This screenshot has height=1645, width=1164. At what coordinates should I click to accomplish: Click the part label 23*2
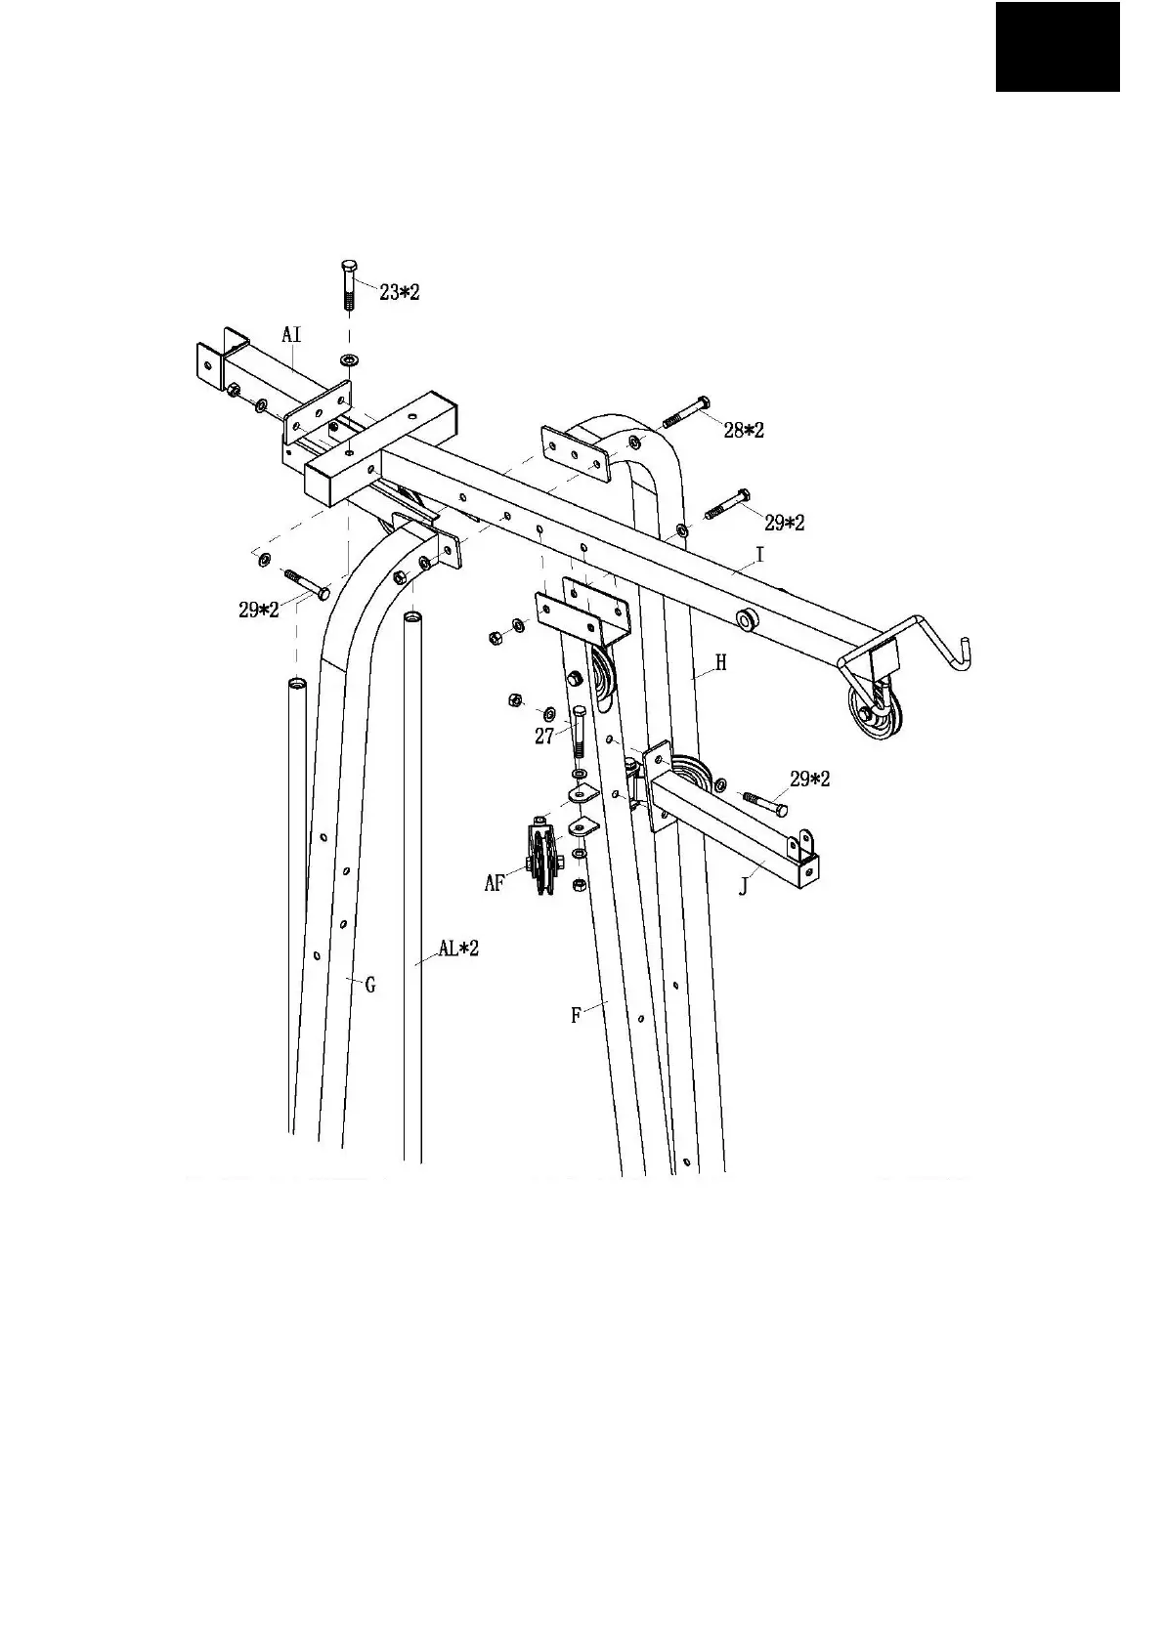(x=399, y=291)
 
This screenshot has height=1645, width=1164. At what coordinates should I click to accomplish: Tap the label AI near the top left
(x=291, y=335)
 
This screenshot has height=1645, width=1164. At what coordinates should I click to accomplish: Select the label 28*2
(x=743, y=430)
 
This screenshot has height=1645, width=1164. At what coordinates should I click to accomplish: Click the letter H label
(x=721, y=663)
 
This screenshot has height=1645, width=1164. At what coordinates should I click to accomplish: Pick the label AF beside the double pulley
(x=496, y=884)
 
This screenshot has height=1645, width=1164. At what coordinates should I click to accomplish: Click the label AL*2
(x=458, y=948)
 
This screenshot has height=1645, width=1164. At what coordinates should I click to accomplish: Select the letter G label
(x=370, y=986)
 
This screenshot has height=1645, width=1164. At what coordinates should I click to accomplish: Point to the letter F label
(x=577, y=1016)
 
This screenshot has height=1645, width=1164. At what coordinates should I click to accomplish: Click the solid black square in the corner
(x=1057, y=47)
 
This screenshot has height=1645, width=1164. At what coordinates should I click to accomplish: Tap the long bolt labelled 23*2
(x=349, y=284)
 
